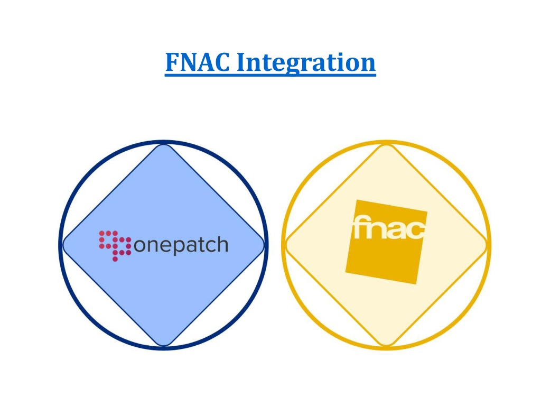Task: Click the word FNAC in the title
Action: pyautogui.click(x=198, y=62)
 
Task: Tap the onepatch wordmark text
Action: pyautogui.click(x=181, y=246)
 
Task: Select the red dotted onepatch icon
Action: pyautogui.click(x=115, y=245)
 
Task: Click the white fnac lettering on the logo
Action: pyautogui.click(x=389, y=227)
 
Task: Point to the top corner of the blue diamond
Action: pyautogui.click(x=164, y=144)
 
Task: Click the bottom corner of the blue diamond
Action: pyautogui.click(x=164, y=345)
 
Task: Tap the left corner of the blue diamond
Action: pyautogui.click(x=63, y=245)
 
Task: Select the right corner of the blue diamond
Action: pyautogui.click(x=264, y=245)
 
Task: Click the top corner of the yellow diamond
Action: pyautogui.click(x=386, y=144)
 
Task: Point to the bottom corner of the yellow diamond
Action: pyautogui.click(x=386, y=345)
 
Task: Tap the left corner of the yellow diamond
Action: pyautogui.click(x=286, y=245)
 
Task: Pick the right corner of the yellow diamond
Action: pyautogui.click(x=487, y=245)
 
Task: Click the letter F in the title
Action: pyautogui.click(x=173, y=62)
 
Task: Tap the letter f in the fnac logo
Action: pyautogui.click(x=359, y=227)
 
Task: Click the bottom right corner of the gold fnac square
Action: pyautogui.click(x=416, y=284)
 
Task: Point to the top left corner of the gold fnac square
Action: pyautogui.click(x=357, y=200)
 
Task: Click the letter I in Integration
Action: pyautogui.click(x=242, y=62)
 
